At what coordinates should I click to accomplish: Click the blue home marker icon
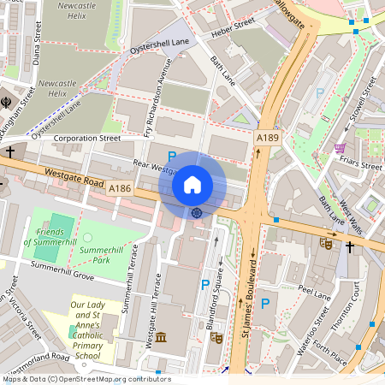192,185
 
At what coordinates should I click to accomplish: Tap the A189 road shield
266,137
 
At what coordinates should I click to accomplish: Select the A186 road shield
120,188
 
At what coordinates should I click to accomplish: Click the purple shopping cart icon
340,147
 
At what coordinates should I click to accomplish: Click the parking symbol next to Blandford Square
204,285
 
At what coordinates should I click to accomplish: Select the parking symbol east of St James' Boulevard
265,304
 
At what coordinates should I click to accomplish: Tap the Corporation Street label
86,137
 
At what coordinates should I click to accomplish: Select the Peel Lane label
315,293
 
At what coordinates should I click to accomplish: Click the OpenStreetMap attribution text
86,379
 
